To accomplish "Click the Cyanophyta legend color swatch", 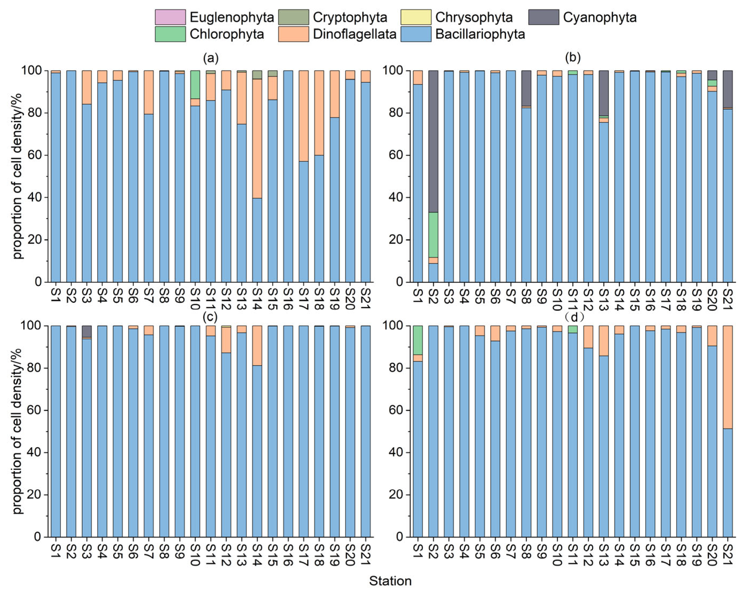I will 543,17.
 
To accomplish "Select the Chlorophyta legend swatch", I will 170,34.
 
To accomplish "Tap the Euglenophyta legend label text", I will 232,17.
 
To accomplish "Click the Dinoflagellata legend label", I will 355,34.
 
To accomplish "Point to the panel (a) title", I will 211,58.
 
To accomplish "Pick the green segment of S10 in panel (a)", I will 195,84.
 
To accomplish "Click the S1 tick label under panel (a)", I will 56,295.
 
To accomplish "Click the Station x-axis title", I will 390,581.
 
